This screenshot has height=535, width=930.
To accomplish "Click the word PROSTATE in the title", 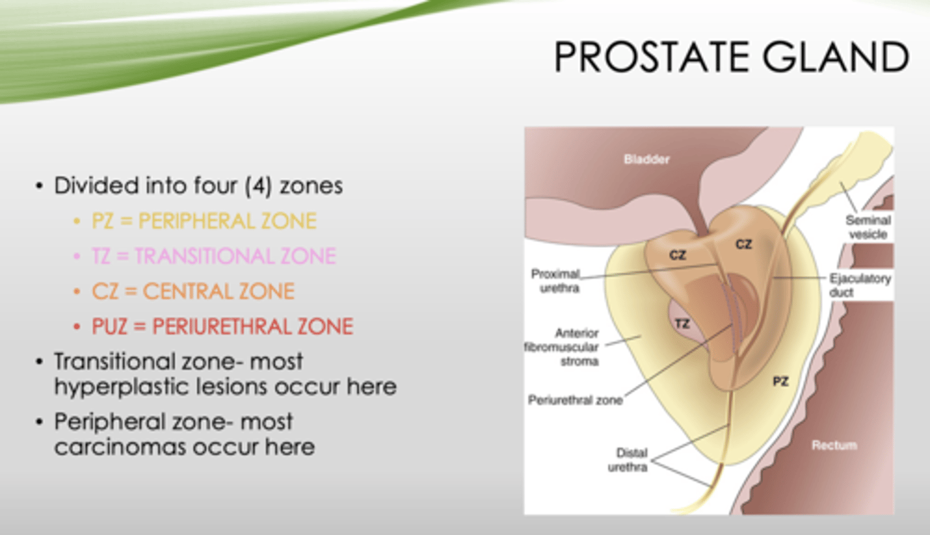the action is pos(652,56).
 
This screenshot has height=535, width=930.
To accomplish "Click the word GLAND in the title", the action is pos(835,56).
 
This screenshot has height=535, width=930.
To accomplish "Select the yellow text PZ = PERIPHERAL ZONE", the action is pos(204,221).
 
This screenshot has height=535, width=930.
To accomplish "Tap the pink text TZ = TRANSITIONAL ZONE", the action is pos(214,256).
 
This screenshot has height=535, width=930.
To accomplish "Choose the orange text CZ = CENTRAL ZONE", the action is pos(194,291).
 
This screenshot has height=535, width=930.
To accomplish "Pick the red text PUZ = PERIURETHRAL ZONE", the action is pos(223,327).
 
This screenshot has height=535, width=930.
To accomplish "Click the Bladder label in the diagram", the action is pos(646,159).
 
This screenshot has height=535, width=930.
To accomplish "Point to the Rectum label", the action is pos(834,445).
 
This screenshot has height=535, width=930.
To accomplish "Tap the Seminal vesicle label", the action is pos(868,227).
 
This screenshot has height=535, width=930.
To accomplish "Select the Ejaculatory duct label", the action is pos(860,285).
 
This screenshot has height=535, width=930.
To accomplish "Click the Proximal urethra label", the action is pos(555,281).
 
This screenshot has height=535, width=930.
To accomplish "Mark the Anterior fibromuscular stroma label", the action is pos(562,347).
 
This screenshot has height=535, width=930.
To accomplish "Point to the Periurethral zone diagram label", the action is pos(575,400).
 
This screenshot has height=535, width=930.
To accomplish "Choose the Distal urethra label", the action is pos(628,460).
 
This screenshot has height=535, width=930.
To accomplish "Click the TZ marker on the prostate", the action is pos(682,324).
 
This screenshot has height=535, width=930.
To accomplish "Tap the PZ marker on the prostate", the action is pos(781,381).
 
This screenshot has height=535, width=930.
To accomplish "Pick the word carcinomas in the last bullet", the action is pos(119,447).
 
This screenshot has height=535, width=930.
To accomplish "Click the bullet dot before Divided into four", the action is pos(39,186).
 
